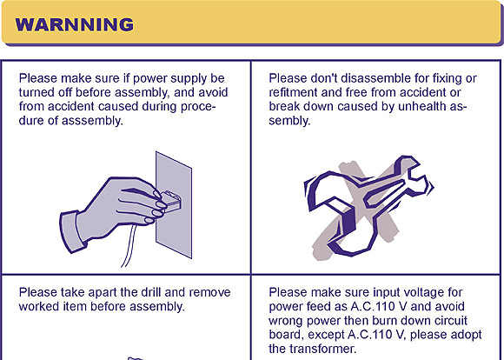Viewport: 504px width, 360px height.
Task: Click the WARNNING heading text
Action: [x=74, y=24]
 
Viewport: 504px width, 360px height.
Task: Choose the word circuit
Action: [x=451, y=320]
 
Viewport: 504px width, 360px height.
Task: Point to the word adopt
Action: [x=467, y=336]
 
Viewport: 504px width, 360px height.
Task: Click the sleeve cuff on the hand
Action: [x=73, y=231]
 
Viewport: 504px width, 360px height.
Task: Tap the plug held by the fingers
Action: [x=172, y=200]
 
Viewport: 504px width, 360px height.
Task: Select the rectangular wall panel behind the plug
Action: [x=174, y=205]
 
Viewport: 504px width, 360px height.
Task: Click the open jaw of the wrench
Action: [x=418, y=180]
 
